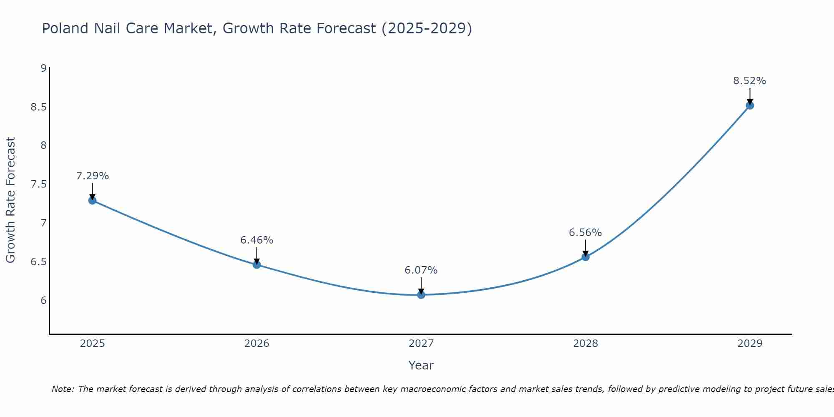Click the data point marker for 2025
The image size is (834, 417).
[x=92, y=201]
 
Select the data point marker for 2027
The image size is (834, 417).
[x=421, y=295]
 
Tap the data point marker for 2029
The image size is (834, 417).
[x=750, y=106]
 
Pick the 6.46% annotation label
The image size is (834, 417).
[x=256, y=240]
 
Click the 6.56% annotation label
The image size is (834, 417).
[x=585, y=233]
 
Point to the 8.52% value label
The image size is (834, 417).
[x=749, y=81]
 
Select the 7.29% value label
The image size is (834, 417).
[x=92, y=176]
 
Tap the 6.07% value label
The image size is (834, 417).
[x=421, y=270]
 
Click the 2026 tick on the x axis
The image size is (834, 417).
[x=256, y=344]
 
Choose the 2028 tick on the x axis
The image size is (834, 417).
[x=585, y=344]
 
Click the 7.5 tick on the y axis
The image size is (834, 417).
[x=39, y=184]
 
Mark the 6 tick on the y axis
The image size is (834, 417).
[x=43, y=301]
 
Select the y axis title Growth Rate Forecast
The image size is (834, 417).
[x=10, y=200]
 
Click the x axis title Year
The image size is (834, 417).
[x=421, y=365]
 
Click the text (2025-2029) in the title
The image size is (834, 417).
[x=426, y=28]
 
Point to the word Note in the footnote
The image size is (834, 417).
[x=63, y=389]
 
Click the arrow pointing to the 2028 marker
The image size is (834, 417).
[x=585, y=248]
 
